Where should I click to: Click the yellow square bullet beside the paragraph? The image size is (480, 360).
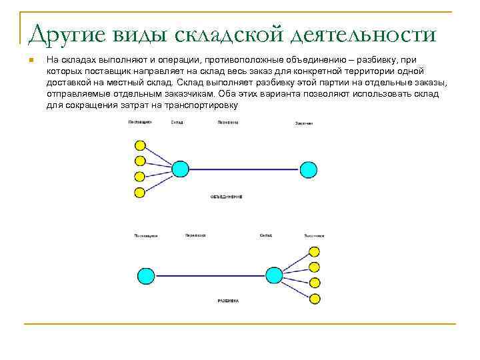click(x=31, y=61)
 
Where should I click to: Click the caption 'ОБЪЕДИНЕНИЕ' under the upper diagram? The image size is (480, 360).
click(x=226, y=197)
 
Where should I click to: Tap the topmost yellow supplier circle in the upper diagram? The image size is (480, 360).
click(x=140, y=145)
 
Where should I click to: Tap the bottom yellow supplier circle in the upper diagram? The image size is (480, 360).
click(x=140, y=193)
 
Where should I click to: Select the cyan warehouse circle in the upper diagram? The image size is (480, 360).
click(x=181, y=169)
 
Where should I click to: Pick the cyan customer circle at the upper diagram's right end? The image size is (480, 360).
click(x=308, y=169)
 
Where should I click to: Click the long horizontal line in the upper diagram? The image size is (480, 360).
click(x=244, y=169)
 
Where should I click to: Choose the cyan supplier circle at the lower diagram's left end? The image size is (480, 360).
click(x=145, y=275)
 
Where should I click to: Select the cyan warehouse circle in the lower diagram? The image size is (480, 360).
click(x=273, y=275)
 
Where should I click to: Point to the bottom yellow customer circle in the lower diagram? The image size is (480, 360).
click(x=315, y=298)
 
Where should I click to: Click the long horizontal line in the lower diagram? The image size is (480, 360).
click(x=209, y=275)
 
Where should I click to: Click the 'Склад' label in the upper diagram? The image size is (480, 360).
click(x=177, y=123)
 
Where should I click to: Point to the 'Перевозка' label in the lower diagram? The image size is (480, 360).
click(x=195, y=235)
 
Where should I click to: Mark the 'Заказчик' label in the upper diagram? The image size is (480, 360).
click(x=304, y=123)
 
